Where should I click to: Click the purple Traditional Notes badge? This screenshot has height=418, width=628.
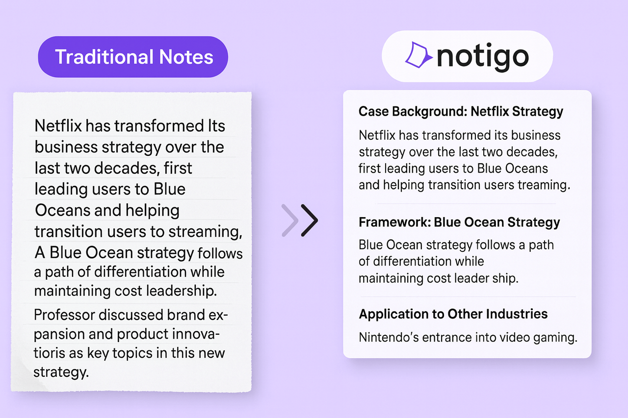pos(133,57)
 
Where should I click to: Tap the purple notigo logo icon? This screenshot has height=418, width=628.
pos(418,55)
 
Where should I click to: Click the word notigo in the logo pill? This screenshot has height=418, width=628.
pos(482,57)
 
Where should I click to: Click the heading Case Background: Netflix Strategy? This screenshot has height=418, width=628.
pos(461,111)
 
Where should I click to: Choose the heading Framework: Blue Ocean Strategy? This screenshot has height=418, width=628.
pos(459,222)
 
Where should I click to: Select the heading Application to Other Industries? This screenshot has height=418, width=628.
pos(453,314)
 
